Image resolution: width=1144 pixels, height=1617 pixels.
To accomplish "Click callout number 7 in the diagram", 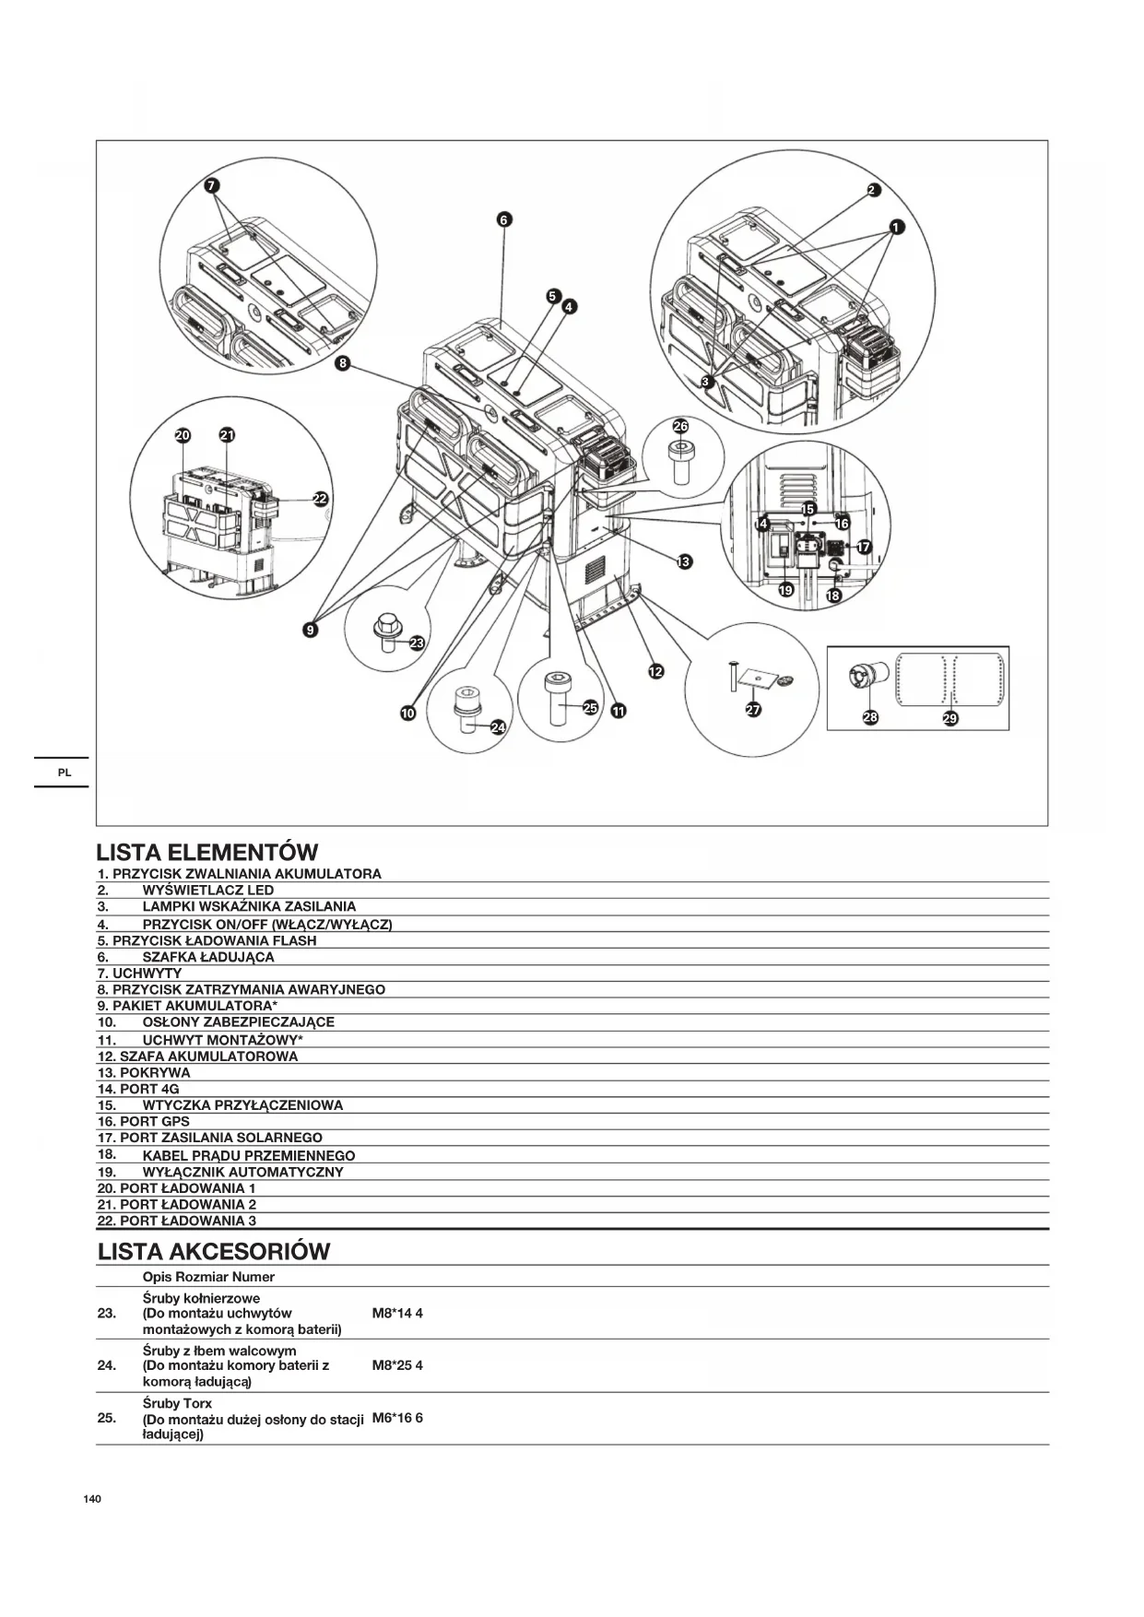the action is (x=212, y=185).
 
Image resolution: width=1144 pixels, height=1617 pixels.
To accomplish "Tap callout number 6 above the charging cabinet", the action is (x=503, y=219).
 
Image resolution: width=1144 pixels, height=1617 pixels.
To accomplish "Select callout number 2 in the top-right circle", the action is (x=873, y=191).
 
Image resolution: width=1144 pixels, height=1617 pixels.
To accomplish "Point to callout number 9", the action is (x=311, y=630).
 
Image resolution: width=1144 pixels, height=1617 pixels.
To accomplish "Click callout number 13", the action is (x=684, y=561).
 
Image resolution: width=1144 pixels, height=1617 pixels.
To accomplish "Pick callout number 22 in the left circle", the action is (x=320, y=498).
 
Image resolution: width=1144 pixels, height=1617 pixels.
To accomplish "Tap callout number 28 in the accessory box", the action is (x=870, y=716).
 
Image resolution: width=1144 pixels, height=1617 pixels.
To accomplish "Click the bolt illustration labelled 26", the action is (x=681, y=458).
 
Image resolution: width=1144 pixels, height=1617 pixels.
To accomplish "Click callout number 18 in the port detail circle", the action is (x=833, y=596).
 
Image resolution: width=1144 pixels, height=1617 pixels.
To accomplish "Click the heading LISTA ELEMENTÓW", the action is (x=207, y=852).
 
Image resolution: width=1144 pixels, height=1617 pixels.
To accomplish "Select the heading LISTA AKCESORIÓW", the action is (x=214, y=1251).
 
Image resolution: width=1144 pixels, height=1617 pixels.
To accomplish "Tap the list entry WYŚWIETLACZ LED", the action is (x=208, y=891).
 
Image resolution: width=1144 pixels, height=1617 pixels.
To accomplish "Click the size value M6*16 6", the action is (x=397, y=1418).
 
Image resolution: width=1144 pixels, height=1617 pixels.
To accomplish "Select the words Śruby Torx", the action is (x=177, y=1403).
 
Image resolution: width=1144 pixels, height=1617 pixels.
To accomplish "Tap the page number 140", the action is (x=92, y=1499).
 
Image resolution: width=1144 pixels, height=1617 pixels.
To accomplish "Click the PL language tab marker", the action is (x=65, y=773).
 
